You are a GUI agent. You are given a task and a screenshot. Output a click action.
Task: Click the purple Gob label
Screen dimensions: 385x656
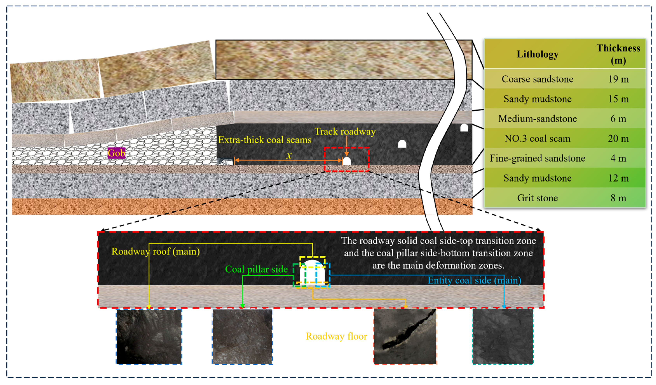pos(116,153)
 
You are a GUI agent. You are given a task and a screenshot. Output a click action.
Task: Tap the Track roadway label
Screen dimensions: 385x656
pos(345,131)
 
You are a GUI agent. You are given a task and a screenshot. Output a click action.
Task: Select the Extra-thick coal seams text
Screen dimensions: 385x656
pos(265,140)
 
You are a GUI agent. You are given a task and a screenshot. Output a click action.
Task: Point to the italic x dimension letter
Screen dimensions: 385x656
pos(289,155)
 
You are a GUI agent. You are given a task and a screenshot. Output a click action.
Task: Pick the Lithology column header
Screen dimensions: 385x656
pos(537,54)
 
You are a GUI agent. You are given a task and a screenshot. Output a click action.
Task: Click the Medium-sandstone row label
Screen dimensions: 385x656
pos(537,119)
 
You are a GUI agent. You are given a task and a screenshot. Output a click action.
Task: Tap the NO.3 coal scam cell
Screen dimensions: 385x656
pos(537,138)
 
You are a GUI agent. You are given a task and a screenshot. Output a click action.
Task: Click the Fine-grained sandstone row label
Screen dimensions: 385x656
pos(537,158)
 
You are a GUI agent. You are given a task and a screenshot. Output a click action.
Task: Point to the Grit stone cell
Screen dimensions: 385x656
pos(537,198)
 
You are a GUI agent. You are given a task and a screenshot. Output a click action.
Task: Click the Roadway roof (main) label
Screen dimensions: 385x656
pos(155,251)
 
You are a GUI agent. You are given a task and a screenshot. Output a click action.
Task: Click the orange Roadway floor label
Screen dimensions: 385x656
pos(336,336)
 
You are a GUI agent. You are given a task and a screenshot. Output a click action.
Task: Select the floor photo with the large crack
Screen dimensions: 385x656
pos(405,336)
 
